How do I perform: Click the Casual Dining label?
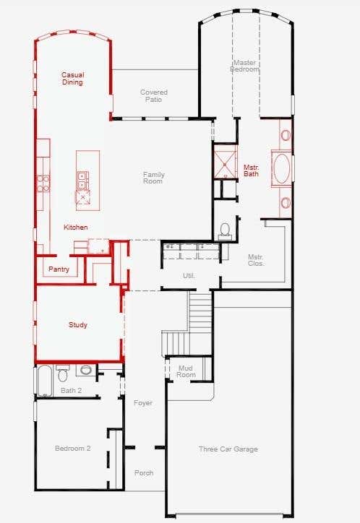click(72, 79)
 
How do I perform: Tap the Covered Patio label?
click(153, 96)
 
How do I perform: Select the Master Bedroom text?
click(244, 66)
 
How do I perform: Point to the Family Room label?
click(153, 178)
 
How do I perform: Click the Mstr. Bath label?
click(251, 170)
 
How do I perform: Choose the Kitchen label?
click(76, 227)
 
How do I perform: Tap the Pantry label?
click(59, 269)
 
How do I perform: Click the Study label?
click(78, 325)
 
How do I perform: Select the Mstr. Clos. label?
click(256, 260)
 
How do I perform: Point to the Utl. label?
click(189, 276)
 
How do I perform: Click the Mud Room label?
click(186, 371)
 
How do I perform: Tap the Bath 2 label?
click(71, 390)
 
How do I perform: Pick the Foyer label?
click(143, 403)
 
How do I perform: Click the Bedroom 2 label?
click(73, 449)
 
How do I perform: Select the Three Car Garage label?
click(228, 449)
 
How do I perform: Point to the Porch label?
click(144, 473)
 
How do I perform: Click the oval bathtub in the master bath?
click(282, 168)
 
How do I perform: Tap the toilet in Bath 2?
click(62, 373)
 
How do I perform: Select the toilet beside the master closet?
click(225, 231)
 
